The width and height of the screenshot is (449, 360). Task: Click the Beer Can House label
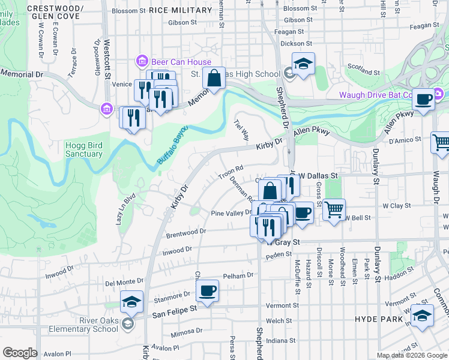click(x=181, y=62)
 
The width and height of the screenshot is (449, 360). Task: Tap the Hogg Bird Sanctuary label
click(x=83, y=149)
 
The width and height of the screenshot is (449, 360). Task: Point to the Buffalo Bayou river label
click(x=173, y=145)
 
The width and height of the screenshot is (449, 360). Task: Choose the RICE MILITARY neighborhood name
click(x=181, y=10)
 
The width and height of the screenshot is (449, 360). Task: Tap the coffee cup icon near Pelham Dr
click(x=208, y=291)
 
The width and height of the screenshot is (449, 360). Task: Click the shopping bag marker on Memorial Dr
click(x=214, y=78)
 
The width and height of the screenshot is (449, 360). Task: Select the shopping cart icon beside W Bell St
click(x=334, y=210)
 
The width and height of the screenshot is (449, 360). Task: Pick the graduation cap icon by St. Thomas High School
click(x=303, y=64)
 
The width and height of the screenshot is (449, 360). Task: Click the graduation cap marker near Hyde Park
click(x=423, y=317)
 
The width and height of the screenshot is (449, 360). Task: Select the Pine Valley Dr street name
click(x=232, y=212)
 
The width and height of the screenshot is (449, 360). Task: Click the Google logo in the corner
click(x=20, y=353)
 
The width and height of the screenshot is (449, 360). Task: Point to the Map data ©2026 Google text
click(x=411, y=355)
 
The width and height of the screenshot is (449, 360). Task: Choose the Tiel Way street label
click(x=241, y=130)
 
